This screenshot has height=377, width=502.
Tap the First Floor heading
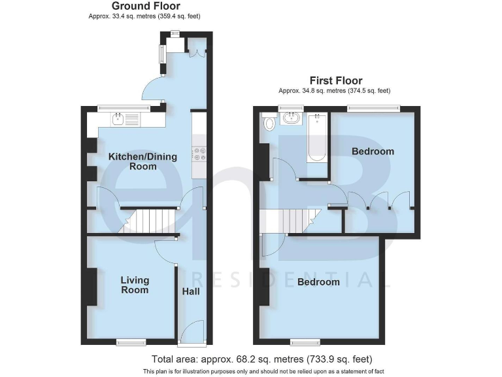[x=336, y=81]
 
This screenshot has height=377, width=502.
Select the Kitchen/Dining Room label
[x=133, y=162]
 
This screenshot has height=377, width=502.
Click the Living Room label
[x=135, y=285]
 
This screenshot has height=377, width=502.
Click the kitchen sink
[x=119, y=119]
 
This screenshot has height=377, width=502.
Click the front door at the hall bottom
[x=194, y=332]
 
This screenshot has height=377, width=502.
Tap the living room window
[x=131, y=341]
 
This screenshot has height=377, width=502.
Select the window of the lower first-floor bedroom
[x=305, y=341]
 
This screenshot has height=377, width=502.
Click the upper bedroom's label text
[x=373, y=151]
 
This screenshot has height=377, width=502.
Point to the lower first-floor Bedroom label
[x=318, y=282]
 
